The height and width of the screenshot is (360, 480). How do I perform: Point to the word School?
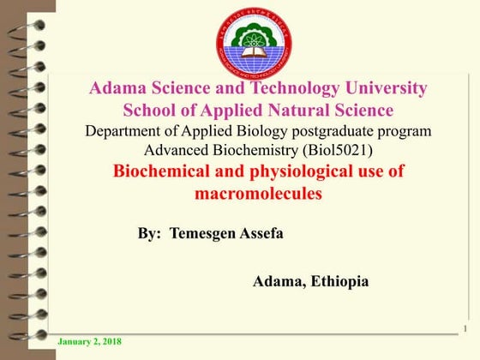[148, 111]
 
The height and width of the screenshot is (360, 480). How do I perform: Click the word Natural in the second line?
[303, 111]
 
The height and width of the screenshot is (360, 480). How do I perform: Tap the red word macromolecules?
[258, 194]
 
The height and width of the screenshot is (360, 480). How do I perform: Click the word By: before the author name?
[149, 233]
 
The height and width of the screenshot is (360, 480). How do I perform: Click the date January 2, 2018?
[89, 342]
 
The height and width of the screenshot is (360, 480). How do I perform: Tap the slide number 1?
[463, 329]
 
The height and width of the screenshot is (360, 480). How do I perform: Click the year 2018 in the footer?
[110, 342]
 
